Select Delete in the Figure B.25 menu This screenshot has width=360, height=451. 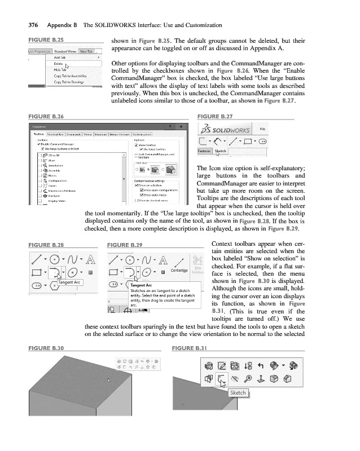[58, 64]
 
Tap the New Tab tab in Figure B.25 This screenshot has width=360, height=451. [86, 51]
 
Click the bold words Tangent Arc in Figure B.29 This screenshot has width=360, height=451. [142, 286]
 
